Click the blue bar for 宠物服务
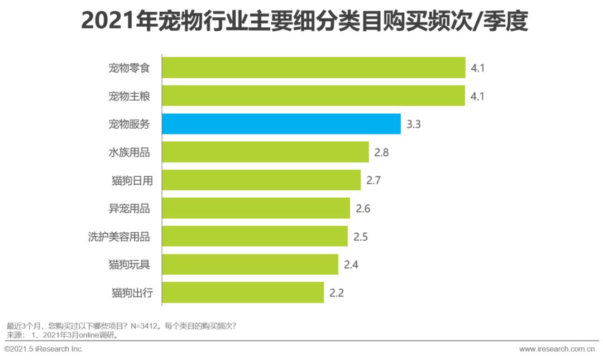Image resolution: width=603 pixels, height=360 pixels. point(281,124)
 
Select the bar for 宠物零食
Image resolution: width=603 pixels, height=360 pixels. point(314,68)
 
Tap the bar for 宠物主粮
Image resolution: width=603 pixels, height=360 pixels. point(314,96)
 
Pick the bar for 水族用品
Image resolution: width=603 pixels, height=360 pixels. point(266,152)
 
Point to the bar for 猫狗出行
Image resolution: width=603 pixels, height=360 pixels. point(243,292)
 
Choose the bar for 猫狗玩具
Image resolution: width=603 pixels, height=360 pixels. point(250,265)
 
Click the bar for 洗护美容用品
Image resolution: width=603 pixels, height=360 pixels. point(255,236)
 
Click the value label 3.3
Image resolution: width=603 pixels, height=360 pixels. point(413,124)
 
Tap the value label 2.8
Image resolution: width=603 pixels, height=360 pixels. point(382,152)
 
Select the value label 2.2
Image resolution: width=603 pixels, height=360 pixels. point(337,293)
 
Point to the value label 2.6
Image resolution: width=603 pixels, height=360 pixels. point(363,209)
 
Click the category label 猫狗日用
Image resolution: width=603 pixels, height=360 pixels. point(131,180)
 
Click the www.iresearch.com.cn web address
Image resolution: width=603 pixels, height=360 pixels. point(557,349)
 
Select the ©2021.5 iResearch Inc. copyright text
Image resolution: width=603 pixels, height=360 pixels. point(44,349)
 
